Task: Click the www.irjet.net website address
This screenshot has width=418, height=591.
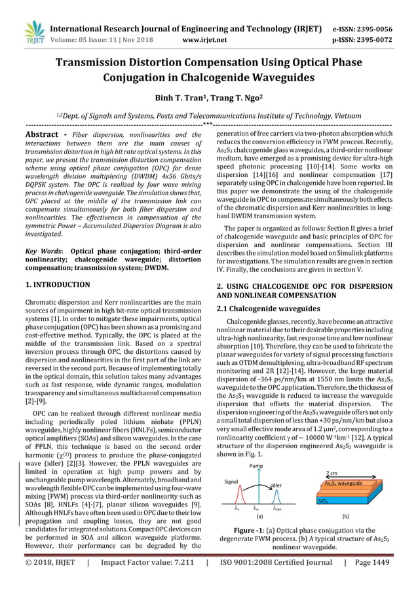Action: [x=209, y=39]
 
